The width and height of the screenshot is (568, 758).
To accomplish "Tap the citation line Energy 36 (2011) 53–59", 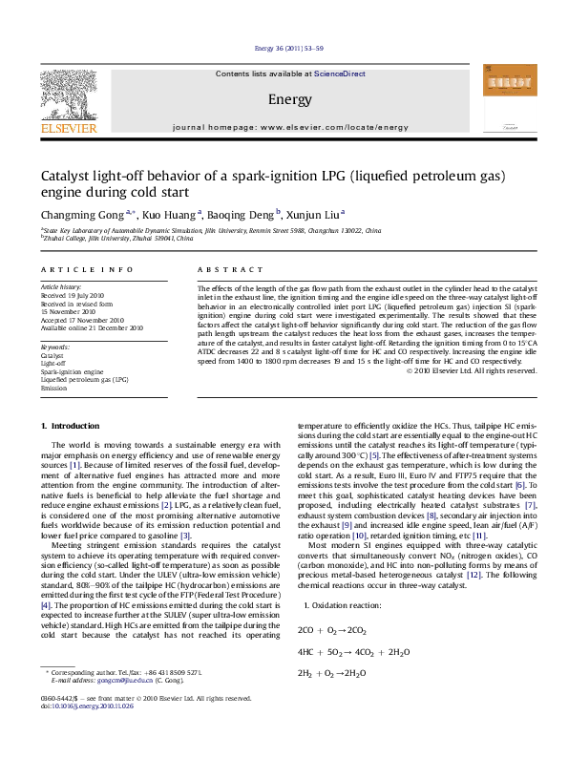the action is point(284,48).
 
